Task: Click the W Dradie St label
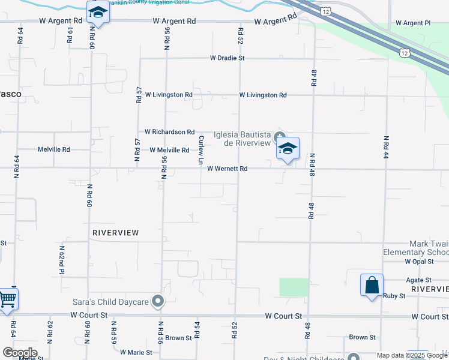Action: coord(227,58)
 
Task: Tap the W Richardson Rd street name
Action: coord(170,131)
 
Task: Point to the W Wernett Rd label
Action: coord(227,169)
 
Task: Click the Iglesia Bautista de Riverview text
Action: coord(243,139)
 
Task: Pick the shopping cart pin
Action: coord(7,298)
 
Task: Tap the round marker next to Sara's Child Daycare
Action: coord(158,301)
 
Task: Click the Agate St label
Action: coord(420,280)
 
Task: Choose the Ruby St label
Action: coord(394,295)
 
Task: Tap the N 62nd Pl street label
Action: coord(61,260)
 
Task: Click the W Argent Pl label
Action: coord(413,23)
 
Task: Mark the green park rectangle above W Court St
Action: coord(294,287)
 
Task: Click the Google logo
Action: coord(19,352)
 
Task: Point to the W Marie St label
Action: coord(137,352)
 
